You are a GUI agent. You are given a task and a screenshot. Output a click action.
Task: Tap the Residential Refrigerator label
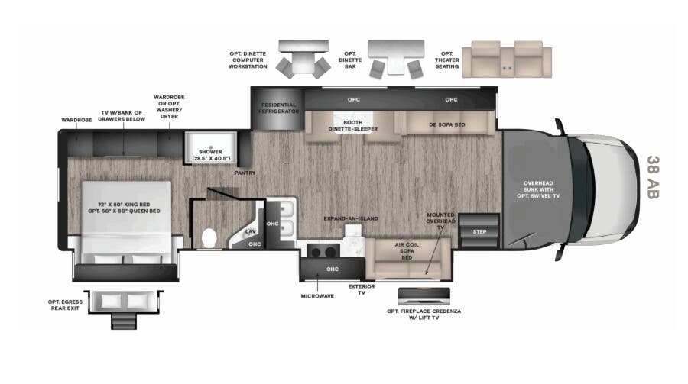click(x=278, y=108)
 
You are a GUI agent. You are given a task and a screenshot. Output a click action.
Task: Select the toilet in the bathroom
click(x=208, y=237)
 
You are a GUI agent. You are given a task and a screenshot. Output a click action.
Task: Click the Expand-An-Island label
click(x=351, y=218)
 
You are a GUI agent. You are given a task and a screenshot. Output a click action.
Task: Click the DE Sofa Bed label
click(x=446, y=124)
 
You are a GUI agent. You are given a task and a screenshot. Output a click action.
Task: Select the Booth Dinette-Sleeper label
click(x=352, y=126)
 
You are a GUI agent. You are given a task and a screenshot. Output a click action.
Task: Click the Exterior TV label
click(x=362, y=289)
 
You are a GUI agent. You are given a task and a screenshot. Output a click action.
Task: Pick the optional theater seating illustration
click(x=506, y=58)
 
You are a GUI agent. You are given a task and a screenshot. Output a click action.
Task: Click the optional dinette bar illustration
click(x=394, y=59)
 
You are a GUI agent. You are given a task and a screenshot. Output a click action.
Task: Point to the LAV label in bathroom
click(x=250, y=231)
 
